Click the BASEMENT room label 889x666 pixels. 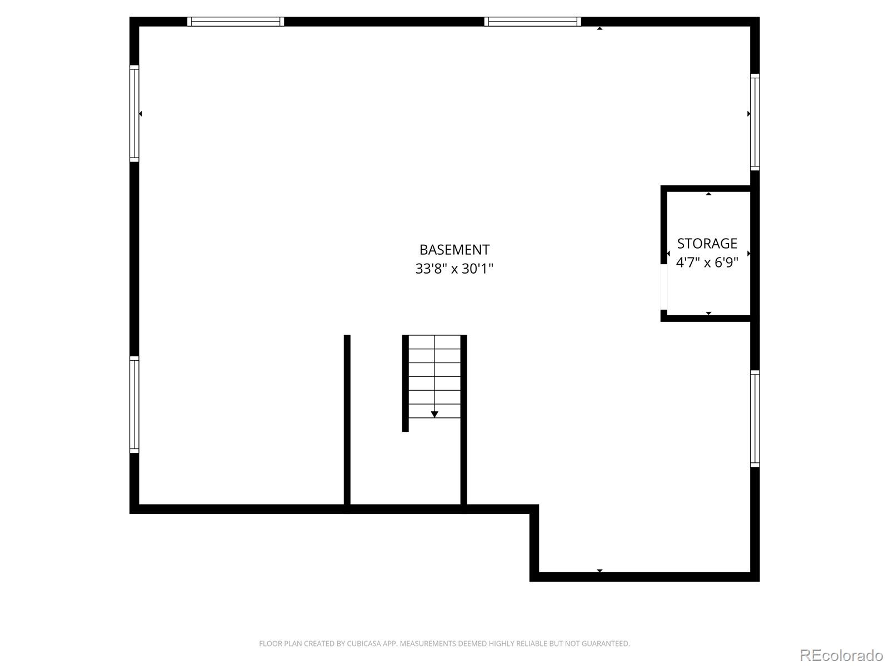tap(454, 250)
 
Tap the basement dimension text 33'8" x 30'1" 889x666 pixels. tap(454, 269)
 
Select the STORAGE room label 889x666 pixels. tap(707, 244)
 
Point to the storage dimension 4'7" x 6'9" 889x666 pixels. tap(707, 263)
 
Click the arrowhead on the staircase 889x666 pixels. tap(434, 414)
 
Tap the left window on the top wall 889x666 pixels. tap(236, 22)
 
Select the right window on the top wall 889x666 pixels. tap(532, 22)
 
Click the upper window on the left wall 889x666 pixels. tap(134, 114)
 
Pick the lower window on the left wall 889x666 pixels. tap(134, 405)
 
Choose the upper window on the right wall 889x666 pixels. tap(755, 122)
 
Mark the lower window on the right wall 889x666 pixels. tap(755, 418)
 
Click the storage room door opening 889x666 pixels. tap(663, 287)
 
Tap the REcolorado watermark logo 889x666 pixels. tap(841, 655)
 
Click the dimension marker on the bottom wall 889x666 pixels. tap(600, 571)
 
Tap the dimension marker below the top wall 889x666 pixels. tap(600, 28)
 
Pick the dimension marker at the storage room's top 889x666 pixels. tap(708, 194)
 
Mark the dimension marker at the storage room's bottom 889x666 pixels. tap(708, 313)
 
